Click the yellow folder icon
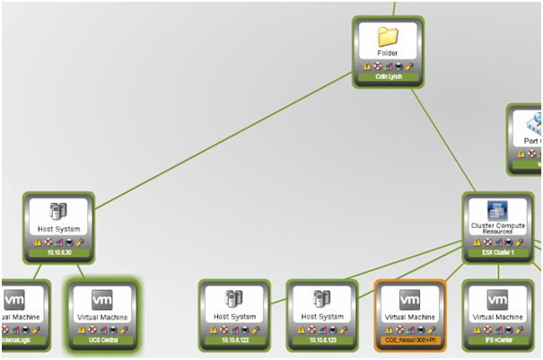click(388, 37)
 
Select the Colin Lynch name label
click(388, 76)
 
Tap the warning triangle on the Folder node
click(367, 66)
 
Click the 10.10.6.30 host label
click(58, 252)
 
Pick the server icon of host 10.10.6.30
click(58, 212)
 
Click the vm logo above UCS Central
click(101, 300)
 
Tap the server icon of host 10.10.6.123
click(321, 301)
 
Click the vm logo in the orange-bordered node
click(409, 300)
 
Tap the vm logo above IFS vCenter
click(497, 300)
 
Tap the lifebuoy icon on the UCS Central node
click(91, 330)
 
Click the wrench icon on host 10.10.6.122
click(255, 330)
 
